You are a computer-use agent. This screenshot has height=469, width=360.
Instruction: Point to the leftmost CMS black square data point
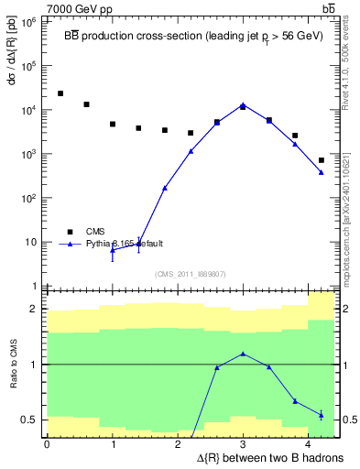click(60, 93)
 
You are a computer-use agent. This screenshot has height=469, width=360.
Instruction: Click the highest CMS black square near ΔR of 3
click(243, 106)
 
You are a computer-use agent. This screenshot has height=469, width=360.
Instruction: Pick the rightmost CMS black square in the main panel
click(322, 160)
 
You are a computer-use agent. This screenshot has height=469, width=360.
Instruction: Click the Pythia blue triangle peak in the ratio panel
click(243, 354)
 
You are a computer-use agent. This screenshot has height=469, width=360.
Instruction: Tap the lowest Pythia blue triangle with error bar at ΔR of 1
click(113, 249)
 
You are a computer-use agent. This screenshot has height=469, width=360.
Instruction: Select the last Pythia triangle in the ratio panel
click(322, 415)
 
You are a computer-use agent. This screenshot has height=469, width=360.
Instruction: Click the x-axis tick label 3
click(243, 443)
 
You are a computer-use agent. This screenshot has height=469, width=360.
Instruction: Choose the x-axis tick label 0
click(47, 443)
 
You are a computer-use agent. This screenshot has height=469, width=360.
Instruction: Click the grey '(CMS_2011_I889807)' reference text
click(191, 274)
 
